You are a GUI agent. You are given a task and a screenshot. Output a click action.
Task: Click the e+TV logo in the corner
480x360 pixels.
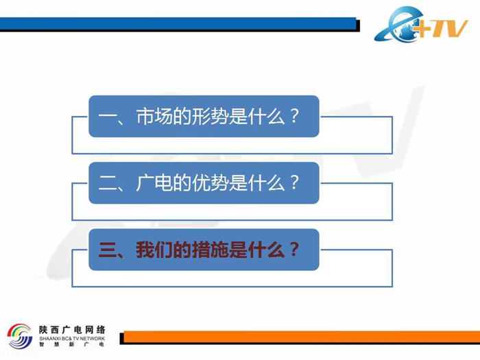point(421,24)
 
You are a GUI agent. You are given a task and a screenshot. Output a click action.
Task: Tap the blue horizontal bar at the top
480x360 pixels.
point(178,23)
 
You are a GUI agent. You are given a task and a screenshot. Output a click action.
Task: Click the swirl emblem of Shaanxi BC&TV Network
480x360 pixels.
point(20,336)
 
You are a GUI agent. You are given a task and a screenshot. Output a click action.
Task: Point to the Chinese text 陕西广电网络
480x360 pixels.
point(72,330)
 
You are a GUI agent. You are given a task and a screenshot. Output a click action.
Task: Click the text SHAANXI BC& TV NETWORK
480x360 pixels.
point(72,339)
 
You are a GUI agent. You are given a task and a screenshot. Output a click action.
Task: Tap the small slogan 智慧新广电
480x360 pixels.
point(72,344)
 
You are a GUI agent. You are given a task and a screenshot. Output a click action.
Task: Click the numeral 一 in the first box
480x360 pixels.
point(107,117)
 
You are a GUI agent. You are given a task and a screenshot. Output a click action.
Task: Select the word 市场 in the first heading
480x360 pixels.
point(154,117)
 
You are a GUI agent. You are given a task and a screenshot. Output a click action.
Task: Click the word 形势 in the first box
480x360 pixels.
point(210,117)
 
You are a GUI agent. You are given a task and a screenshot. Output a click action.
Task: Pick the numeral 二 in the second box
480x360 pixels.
point(107,183)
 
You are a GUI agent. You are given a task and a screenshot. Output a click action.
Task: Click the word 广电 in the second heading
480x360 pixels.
point(154,183)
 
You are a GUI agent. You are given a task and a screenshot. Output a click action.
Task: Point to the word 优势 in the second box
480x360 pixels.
point(210,183)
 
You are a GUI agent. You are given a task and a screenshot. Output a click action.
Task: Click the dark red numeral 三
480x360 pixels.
point(107,250)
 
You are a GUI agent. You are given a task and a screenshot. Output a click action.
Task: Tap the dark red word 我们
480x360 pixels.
point(154,250)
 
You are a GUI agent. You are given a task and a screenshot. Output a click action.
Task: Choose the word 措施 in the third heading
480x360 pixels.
point(210,250)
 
